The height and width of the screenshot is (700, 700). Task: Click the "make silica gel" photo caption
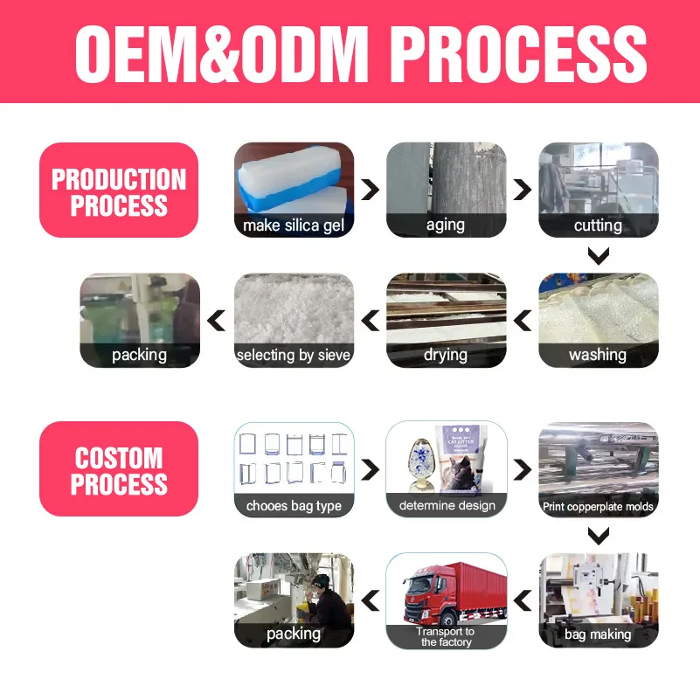[x=294, y=225]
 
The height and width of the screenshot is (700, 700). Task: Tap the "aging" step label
[x=446, y=225]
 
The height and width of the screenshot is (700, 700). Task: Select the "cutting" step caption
[x=598, y=225]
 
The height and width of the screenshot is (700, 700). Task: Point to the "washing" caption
[x=598, y=355]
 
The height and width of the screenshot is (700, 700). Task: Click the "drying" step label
[x=446, y=355]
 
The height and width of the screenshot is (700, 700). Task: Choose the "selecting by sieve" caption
[x=294, y=355]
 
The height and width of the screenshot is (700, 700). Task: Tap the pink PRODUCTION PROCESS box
[x=119, y=192]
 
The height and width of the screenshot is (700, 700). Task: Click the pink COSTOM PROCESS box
[x=119, y=470]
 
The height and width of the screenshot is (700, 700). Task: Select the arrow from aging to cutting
[x=523, y=190]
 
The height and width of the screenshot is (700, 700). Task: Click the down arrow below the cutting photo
[x=598, y=256]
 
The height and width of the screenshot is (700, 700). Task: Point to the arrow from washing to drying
[x=523, y=322]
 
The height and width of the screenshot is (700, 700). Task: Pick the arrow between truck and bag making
[x=523, y=600]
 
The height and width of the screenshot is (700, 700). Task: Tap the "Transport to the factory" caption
[x=446, y=636]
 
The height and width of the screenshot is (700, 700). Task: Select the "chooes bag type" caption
[x=294, y=505]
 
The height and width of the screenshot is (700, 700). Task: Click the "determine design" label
[x=447, y=505]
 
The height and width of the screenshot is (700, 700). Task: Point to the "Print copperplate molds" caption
[x=598, y=506]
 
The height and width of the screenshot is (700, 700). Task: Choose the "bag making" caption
[x=598, y=634]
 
